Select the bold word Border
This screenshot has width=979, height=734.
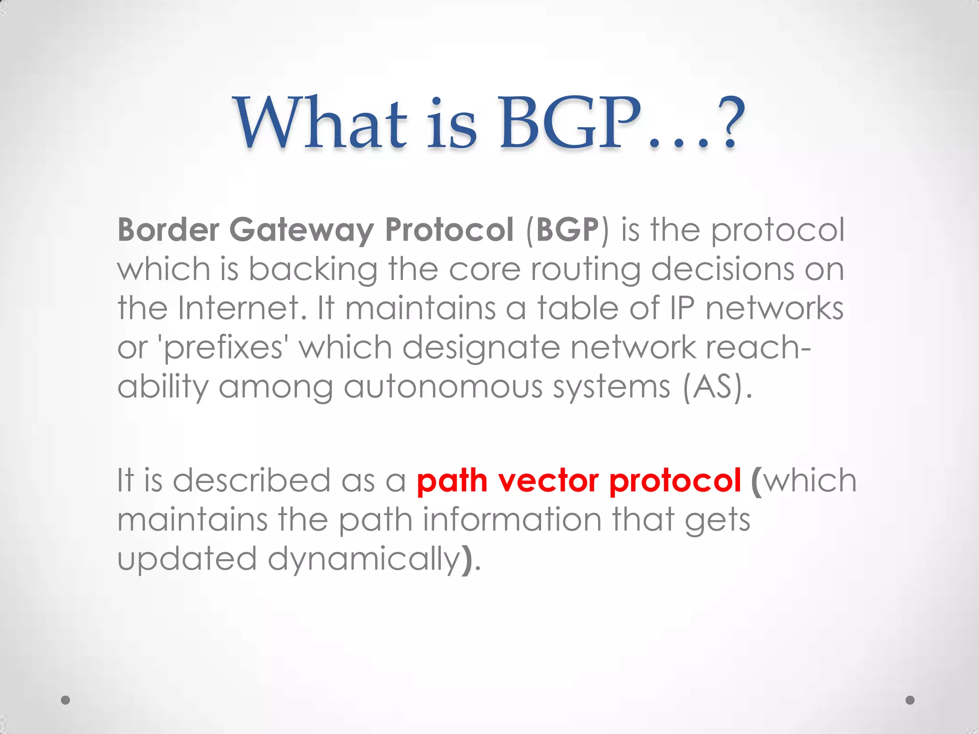168,230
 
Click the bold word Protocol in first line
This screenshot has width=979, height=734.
449,230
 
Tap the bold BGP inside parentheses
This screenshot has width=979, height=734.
567,230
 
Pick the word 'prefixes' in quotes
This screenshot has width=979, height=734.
223,348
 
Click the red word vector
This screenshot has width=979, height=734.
548,480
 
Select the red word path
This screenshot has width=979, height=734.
452,480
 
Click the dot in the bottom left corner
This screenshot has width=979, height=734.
66,700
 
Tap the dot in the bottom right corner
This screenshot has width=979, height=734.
910,700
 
